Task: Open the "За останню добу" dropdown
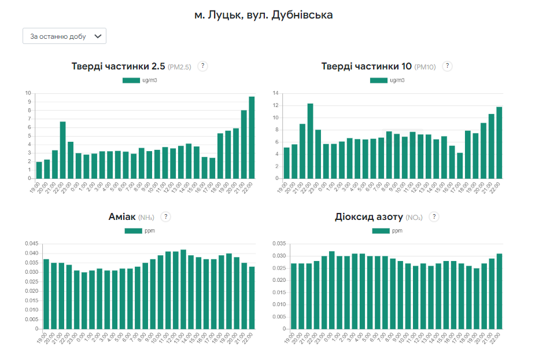click(64, 36)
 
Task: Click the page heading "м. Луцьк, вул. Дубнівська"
click(264, 15)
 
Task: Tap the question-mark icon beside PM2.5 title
click(202, 66)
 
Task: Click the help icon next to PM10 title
click(448, 66)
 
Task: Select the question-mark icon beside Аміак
click(166, 216)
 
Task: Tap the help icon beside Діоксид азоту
click(434, 216)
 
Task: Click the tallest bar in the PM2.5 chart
click(252, 137)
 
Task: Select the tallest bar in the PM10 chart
click(310, 141)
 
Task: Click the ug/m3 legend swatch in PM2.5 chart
click(131, 80)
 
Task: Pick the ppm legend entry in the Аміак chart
click(139, 230)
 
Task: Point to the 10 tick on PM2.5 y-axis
click(28, 93)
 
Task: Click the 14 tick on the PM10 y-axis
click(276, 93)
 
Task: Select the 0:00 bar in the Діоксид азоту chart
click(332, 290)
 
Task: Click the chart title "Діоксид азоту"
click(368, 217)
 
